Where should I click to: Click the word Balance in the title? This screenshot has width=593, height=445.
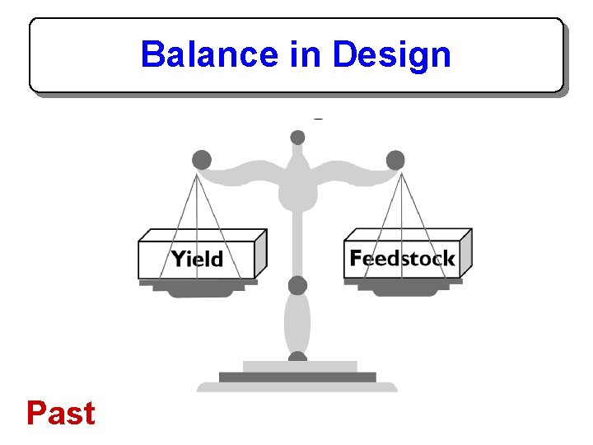(209, 55)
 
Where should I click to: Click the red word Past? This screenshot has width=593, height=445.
(60, 413)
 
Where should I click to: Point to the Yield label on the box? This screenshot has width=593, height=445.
(197, 259)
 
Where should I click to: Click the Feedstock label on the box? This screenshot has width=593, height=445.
(402, 258)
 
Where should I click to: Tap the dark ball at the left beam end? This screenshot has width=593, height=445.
(201, 160)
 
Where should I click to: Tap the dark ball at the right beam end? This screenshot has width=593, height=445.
(395, 160)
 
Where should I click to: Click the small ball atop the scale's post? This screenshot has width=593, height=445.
(297, 138)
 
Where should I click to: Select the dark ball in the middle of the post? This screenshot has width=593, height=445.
(297, 285)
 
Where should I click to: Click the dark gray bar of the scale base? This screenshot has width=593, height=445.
(297, 377)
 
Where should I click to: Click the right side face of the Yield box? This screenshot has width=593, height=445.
(260, 253)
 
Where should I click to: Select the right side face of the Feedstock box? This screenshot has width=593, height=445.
(465, 251)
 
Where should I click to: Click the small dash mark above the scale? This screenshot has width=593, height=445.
(318, 119)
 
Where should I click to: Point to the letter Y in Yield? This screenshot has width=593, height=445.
(177, 259)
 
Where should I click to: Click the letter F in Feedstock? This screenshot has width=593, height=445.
(356, 258)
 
